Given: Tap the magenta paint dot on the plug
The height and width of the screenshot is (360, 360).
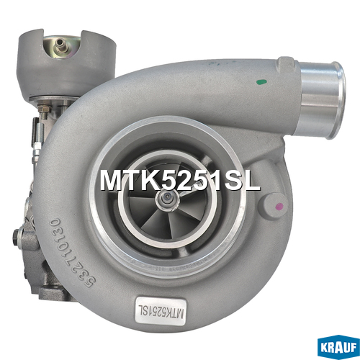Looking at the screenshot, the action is pyautogui.click(x=279, y=206).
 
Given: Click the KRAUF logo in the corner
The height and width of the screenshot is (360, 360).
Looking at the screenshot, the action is pyautogui.click(x=338, y=348).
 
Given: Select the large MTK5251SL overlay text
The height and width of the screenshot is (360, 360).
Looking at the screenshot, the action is pyautogui.click(x=180, y=181).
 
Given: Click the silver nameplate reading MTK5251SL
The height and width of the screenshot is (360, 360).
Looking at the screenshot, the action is pyautogui.click(x=161, y=311).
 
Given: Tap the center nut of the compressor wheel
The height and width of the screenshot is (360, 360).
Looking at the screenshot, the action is pyautogui.click(x=167, y=199).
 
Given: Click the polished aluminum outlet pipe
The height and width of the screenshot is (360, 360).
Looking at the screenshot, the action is pyautogui.click(x=323, y=99).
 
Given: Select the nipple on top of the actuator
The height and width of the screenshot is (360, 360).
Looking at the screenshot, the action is pyautogui.click(x=60, y=45).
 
